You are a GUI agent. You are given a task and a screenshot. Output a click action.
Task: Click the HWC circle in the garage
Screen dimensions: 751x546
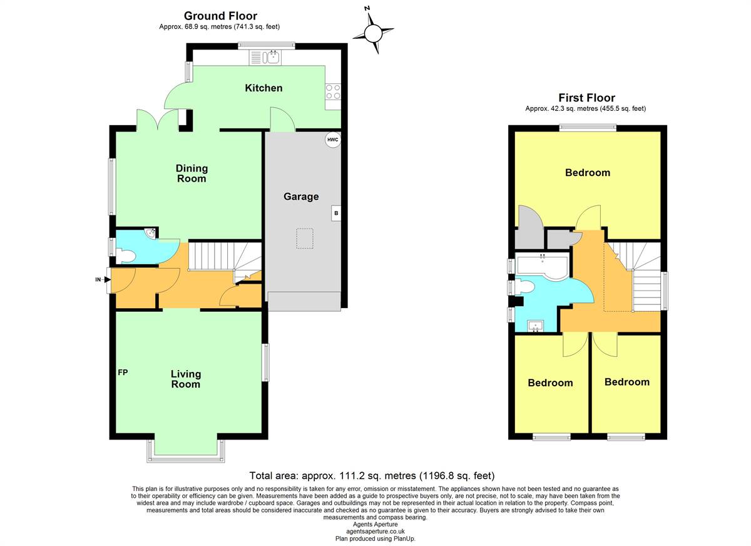tap(332, 140)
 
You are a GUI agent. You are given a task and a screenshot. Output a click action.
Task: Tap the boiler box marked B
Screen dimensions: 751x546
tap(336, 213)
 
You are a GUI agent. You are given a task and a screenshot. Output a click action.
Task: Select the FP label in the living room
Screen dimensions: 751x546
tap(123, 373)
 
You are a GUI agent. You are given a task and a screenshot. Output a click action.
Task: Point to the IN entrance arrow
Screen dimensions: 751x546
tap(103, 279)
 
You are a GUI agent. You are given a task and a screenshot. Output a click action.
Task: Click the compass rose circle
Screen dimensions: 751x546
tap(373, 34)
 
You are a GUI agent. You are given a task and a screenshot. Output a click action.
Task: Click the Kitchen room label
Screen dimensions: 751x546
tap(263, 88)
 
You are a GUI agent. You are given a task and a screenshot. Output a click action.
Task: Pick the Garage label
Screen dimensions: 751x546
tap(301, 197)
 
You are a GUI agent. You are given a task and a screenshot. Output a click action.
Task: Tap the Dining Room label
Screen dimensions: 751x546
tap(192, 173)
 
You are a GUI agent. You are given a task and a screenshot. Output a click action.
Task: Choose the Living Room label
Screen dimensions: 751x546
tap(186, 379)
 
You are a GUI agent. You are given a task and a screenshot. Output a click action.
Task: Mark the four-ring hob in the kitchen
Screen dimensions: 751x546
tap(333, 92)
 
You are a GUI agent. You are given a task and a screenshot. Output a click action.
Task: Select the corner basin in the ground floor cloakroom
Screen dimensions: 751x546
tap(150, 233)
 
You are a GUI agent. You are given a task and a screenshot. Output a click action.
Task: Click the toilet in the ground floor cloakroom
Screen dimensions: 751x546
tap(125, 256)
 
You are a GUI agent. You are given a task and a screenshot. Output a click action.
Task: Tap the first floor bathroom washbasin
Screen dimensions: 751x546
tap(536, 326)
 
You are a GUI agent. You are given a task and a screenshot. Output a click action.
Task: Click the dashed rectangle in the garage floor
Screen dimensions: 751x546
tap(304, 239)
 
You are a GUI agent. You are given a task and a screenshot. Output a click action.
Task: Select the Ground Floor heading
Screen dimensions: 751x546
tap(220, 16)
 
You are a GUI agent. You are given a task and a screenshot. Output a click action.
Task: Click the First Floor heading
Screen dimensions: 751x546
tap(587, 98)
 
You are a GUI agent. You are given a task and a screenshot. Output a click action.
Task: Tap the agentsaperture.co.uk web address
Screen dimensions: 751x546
tap(375, 531)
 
